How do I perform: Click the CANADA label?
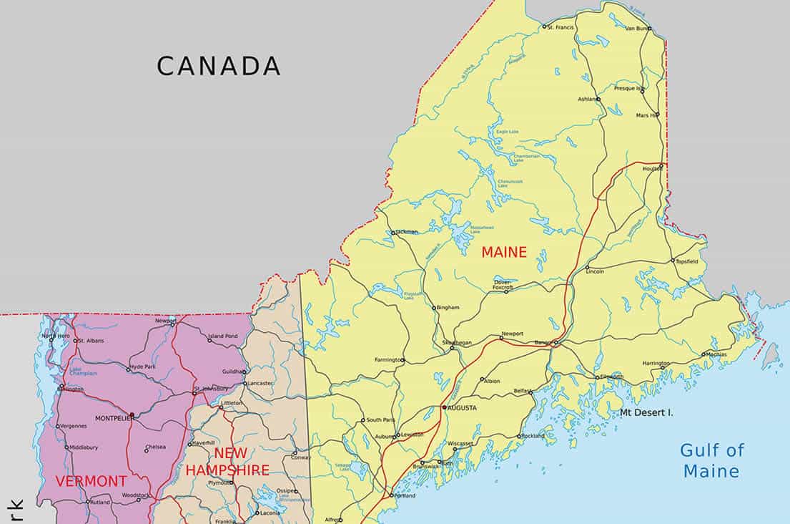(218, 66)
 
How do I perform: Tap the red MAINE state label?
(503, 252)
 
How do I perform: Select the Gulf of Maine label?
(711, 460)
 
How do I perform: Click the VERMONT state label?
(91, 481)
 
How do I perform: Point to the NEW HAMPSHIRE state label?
(227, 462)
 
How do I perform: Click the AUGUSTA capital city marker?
(444, 407)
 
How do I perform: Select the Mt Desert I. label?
(646, 412)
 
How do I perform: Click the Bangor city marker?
(556, 343)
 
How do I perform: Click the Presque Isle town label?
(629, 88)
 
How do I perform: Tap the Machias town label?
(716, 354)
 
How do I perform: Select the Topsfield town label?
(687, 261)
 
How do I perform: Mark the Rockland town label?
(533, 436)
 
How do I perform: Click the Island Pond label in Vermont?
(222, 336)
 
